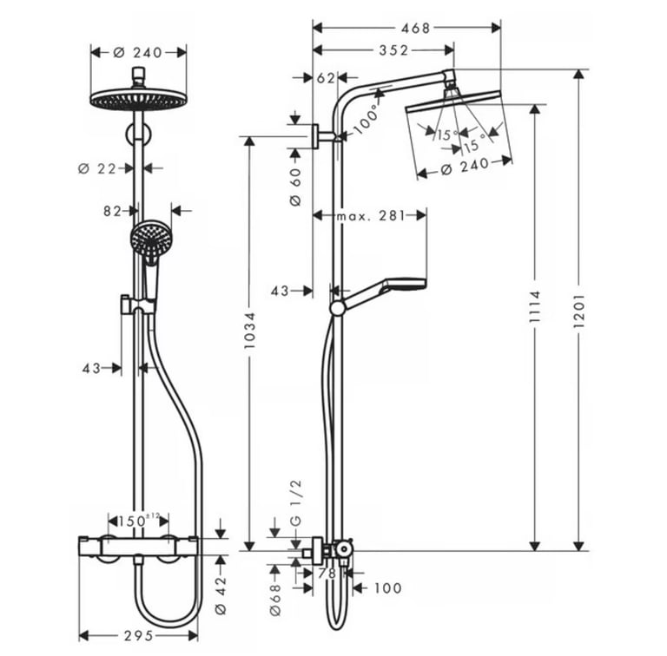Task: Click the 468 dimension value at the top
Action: pyautogui.click(x=416, y=29)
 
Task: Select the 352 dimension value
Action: pyautogui.click(x=393, y=50)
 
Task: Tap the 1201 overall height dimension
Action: pyautogui.click(x=579, y=311)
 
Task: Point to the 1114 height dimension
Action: pyautogui.click(x=534, y=306)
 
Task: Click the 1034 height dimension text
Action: pyautogui.click(x=249, y=330)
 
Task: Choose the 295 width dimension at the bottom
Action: pyautogui.click(x=139, y=635)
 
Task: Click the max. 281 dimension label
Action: pyautogui.click(x=371, y=216)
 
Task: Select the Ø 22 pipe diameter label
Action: pyautogui.click(x=97, y=168)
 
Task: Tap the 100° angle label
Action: pyautogui.click(x=366, y=118)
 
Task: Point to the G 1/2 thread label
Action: pyautogui.click(x=295, y=502)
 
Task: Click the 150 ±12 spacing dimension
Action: pyautogui.click(x=138, y=521)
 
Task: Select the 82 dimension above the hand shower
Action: pyautogui.click(x=112, y=211)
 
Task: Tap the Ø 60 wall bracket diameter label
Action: pyautogui.click(x=295, y=187)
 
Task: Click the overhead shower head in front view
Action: pyautogui.click(x=139, y=99)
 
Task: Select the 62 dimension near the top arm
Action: pyautogui.click(x=326, y=78)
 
